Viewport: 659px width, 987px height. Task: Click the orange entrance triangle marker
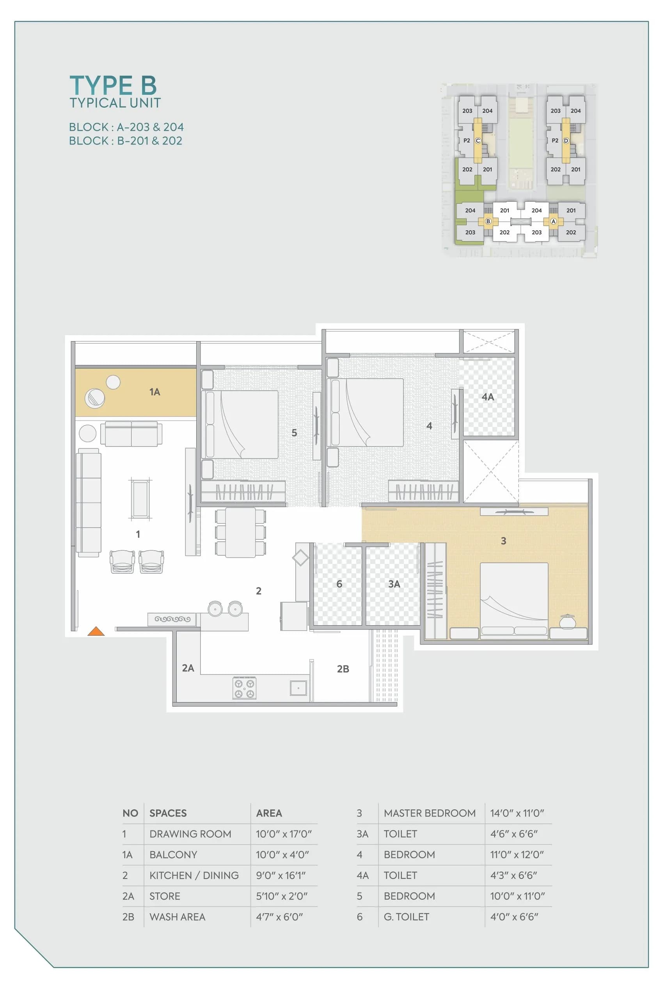[x=96, y=631]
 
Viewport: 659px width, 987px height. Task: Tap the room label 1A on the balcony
[x=155, y=392]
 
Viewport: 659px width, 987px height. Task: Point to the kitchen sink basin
[x=298, y=688]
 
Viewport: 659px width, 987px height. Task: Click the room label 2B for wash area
[x=343, y=669]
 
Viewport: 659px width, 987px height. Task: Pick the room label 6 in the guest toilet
[x=339, y=584]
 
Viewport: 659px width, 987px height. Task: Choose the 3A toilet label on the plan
[x=394, y=584]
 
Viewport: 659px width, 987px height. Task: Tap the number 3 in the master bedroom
[x=503, y=541]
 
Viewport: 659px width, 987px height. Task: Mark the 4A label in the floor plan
[x=488, y=397]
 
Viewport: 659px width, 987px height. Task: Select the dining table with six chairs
[x=240, y=532]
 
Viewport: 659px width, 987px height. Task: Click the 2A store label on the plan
[x=188, y=668]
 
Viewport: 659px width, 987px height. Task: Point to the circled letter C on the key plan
[x=478, y=141]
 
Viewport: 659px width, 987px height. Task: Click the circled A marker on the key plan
[x=554, y=221]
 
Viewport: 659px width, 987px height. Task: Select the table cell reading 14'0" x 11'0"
[x=517, y=813]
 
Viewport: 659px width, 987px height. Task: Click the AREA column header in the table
[x=269, y=813]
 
